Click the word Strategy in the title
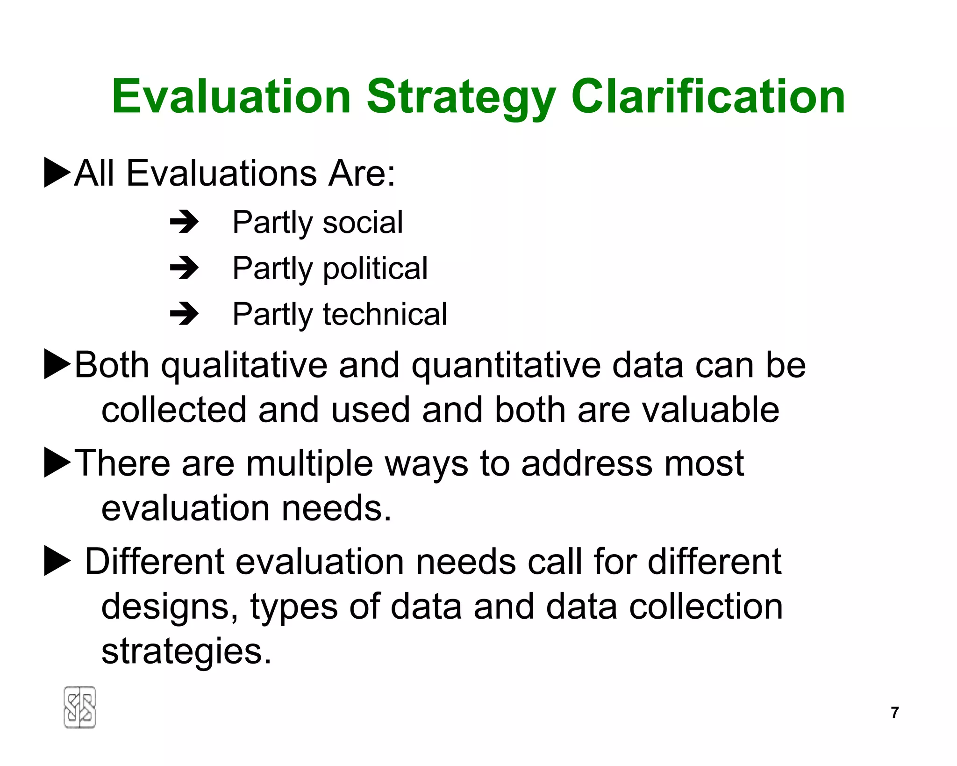tap(461, 97)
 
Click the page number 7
tap(894, 712)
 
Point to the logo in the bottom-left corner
tap(79, 707)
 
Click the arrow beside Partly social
tap(184, 222)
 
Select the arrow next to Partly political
tap(184, 268)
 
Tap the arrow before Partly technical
tap(184, 314)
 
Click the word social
tap(363, 222)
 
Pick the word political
tap(375, 268)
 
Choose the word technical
tap(385, 314)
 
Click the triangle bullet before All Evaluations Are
tap(57, 173)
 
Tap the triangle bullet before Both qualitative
tap(57, 364)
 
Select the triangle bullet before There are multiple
tap(57, 462)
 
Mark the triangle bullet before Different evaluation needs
tap(57, 561)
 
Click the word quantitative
tap(506, 366)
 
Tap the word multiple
tap(309, 464)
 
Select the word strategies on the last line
tap(186, 651)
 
